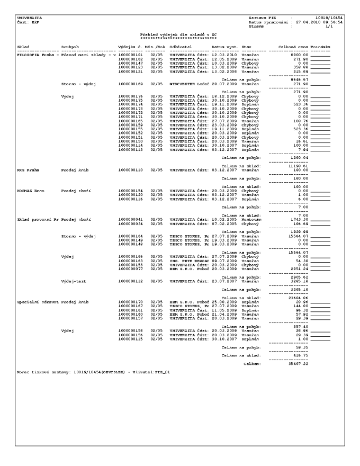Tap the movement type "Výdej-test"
pyautogui.click(x=75, y=265)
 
